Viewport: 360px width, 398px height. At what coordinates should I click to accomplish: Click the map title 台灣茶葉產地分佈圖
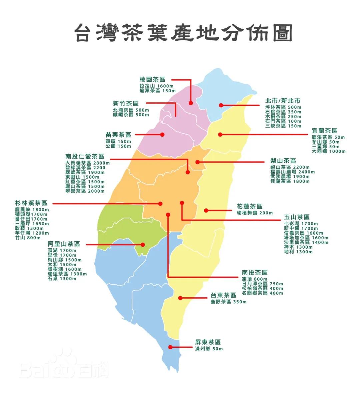(183, 33)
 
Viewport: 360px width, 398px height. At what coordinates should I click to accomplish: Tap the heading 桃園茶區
(152, 80)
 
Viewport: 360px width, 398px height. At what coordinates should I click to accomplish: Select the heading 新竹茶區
(126, 104)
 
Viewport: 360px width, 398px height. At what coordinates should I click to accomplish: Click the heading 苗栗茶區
(118, 135)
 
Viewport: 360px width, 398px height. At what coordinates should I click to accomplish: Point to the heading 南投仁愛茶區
(85, 156)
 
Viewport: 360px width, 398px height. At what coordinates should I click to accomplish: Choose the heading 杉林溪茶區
(31, 203)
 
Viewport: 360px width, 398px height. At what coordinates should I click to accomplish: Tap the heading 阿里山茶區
(64, 244)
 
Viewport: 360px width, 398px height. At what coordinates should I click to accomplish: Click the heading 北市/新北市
(283, 101)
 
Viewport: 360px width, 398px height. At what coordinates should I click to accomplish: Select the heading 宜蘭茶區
(324, 131)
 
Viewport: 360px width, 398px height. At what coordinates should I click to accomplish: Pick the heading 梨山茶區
(283, 161)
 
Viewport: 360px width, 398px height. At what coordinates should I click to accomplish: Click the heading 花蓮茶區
(250, 206)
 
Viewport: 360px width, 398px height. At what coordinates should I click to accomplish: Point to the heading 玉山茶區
(297, 217)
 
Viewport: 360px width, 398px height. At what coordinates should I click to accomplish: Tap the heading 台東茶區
(223, 295)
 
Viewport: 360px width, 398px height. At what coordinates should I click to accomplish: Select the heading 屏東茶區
(208, 342)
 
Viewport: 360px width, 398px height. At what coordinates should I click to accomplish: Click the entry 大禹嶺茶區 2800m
(88, 163)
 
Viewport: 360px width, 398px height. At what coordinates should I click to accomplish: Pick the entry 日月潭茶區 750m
(262, 284)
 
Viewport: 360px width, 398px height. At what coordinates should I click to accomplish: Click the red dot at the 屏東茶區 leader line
(170, 347)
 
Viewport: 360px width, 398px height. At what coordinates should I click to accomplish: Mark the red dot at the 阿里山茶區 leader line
(143, 245)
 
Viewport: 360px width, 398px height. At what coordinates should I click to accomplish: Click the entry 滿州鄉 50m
(209, 349)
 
